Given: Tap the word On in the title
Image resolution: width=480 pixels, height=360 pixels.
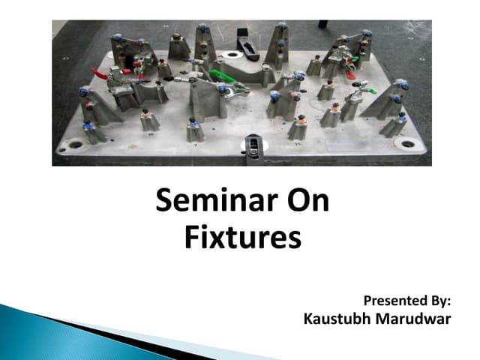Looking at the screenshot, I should [304, 203].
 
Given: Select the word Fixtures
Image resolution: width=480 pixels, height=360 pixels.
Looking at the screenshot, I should [242, 238].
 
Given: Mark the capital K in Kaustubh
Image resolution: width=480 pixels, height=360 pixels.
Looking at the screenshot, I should [308, 319].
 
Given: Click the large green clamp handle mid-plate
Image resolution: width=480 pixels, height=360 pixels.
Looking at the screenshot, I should [221, 75].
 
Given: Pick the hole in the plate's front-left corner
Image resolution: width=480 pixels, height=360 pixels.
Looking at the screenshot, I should [76, 144].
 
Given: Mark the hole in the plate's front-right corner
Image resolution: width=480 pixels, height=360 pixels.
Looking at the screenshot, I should [408, 143].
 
